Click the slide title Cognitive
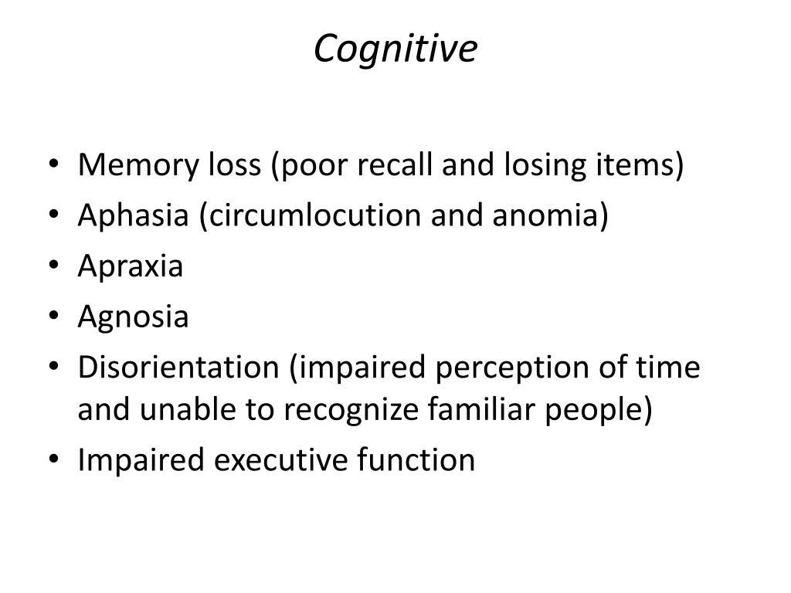395,49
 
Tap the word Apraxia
130,266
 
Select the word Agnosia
133,317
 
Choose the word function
416,460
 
